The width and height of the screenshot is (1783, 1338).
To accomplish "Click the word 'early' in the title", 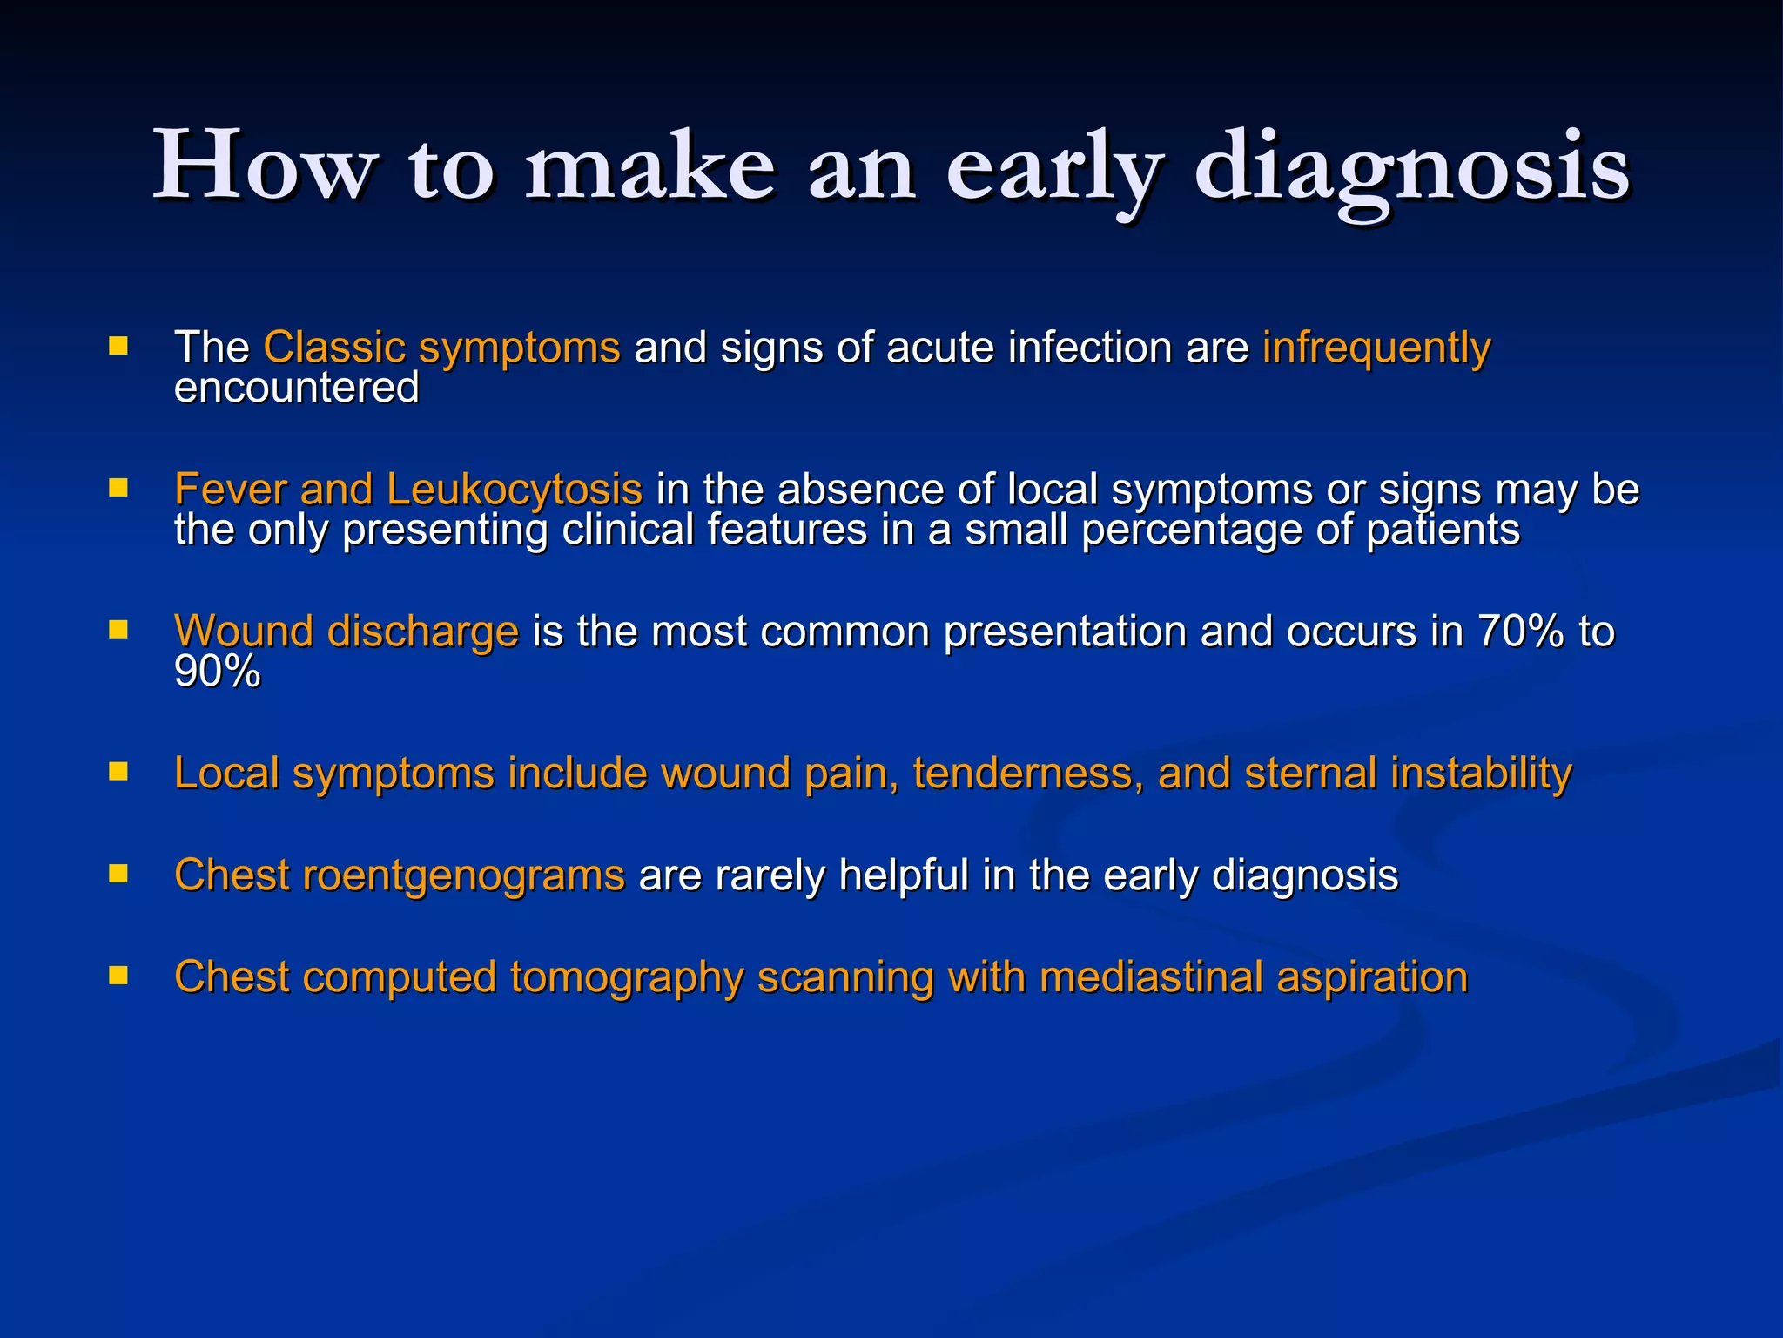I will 1054,167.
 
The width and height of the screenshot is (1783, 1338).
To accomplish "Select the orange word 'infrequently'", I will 1376,348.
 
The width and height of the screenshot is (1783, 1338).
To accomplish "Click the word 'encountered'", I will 297,388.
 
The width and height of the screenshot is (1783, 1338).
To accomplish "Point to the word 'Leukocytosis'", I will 515,489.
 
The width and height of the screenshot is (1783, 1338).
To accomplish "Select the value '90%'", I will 217,672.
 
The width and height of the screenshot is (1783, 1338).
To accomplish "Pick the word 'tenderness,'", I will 1027,774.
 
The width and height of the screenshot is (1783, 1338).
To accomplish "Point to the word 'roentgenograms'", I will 463,875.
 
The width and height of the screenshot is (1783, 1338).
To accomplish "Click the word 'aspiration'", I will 1372,977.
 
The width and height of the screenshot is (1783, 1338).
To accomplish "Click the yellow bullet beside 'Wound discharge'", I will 118,630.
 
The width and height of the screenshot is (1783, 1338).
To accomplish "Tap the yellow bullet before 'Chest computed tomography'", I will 118,975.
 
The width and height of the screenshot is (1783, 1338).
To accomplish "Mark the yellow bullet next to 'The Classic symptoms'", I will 118,347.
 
